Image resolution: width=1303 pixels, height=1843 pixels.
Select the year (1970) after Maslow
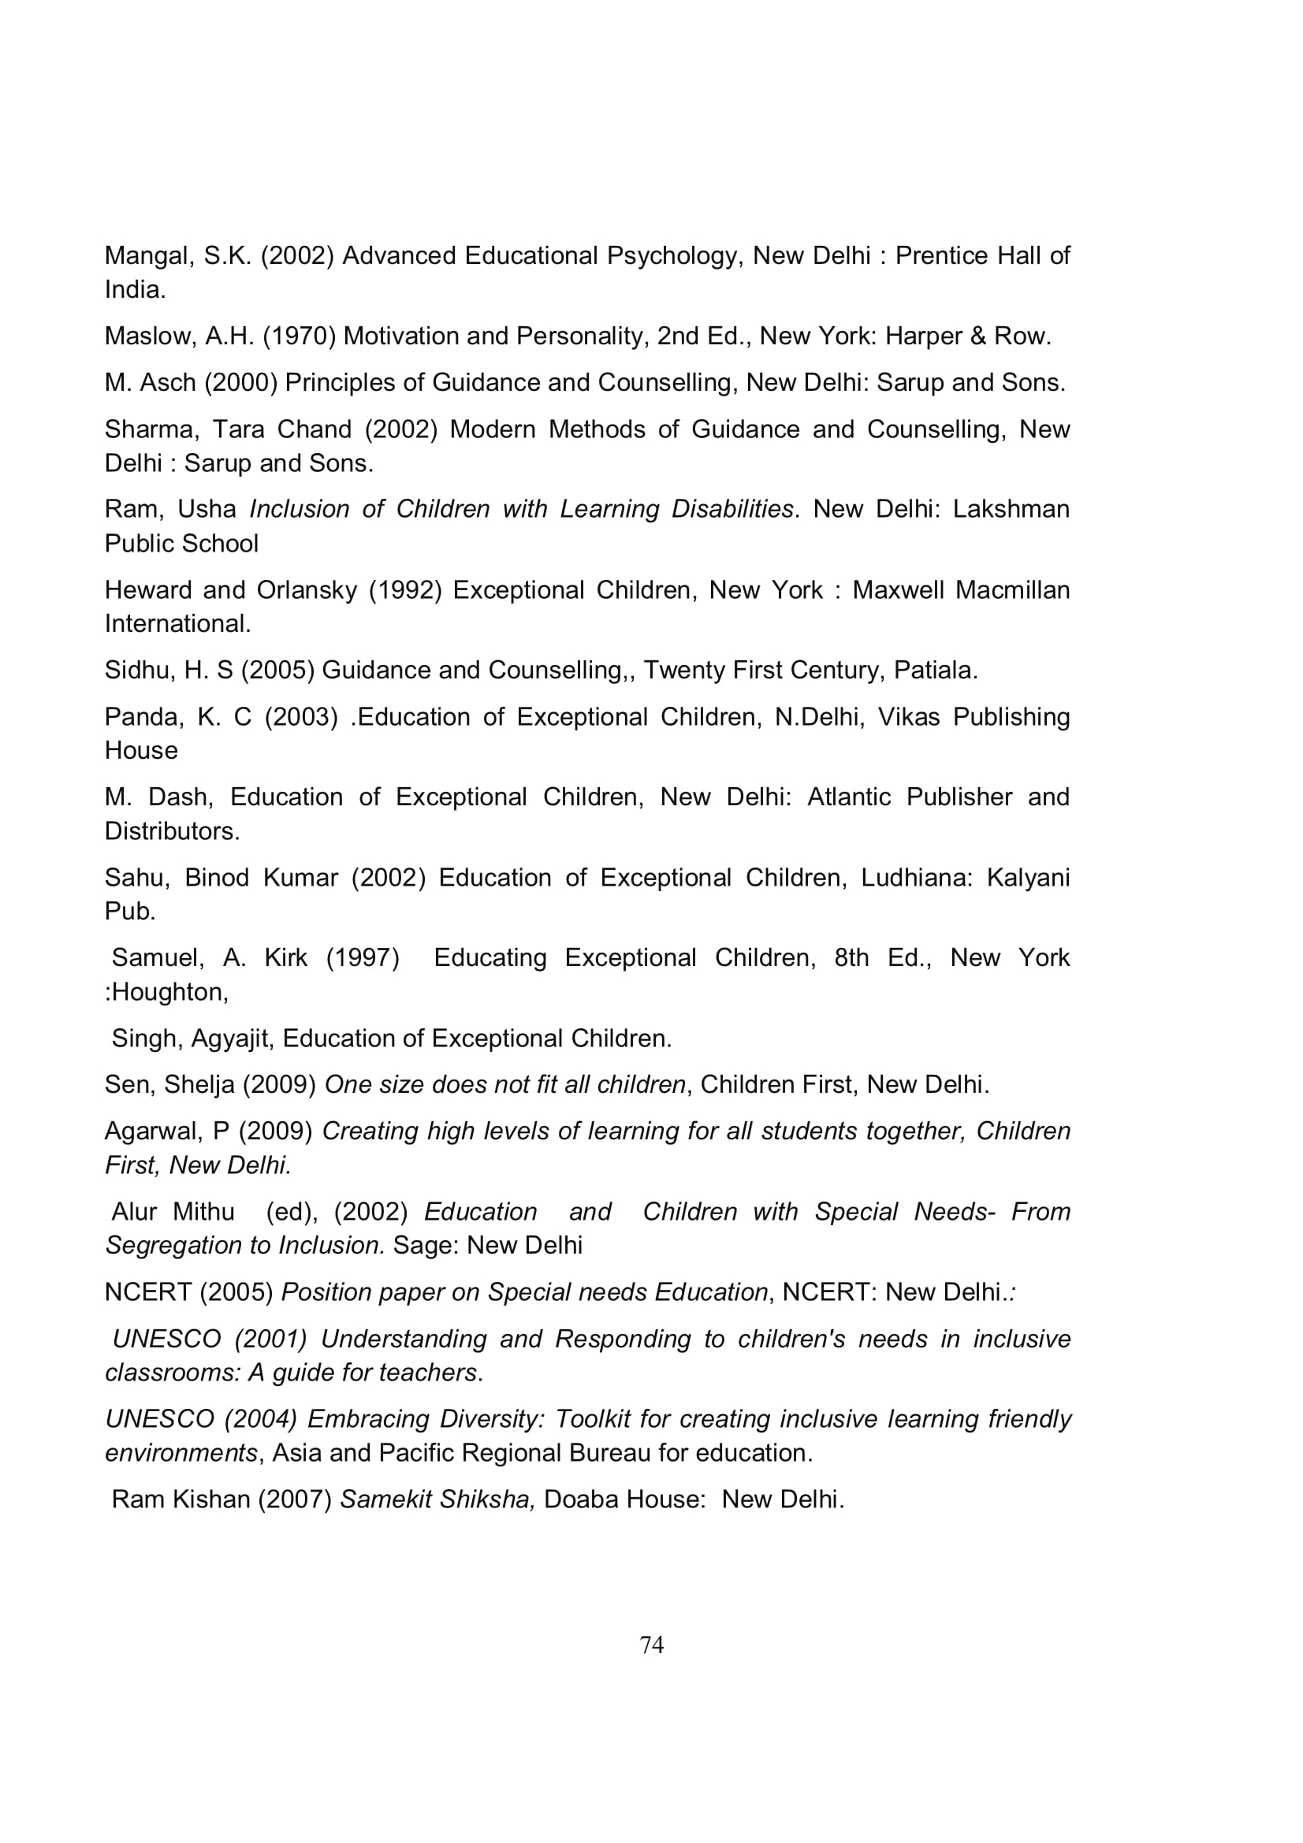click(x=300, y=336)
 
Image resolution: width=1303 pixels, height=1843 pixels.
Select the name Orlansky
click(x=306, y=590)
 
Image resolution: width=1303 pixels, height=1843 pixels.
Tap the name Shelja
click(x=199, y=1084)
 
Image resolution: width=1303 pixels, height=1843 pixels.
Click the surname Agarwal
click(x=151, y=1131)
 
